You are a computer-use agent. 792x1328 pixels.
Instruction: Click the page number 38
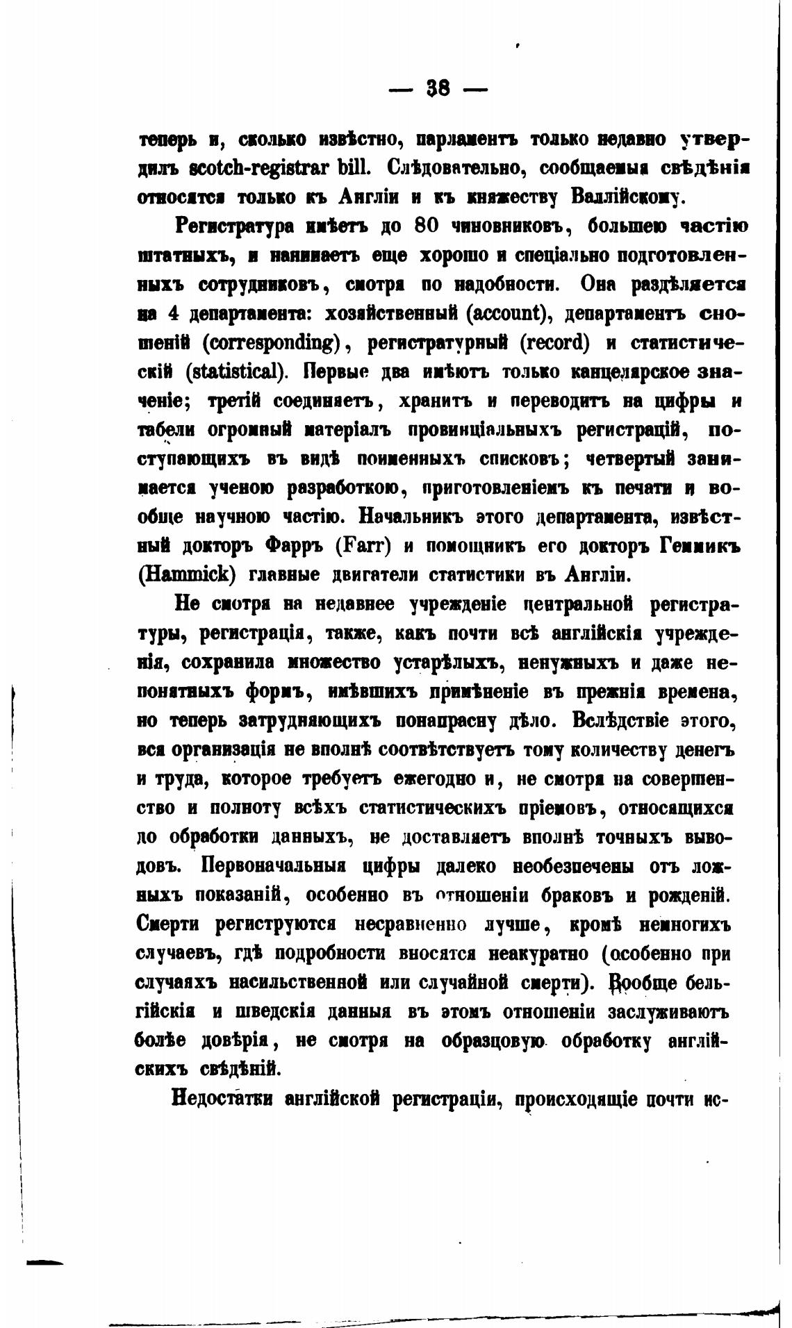[x=438, y=88]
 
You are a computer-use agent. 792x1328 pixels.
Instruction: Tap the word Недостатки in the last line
[x=224, y=1099]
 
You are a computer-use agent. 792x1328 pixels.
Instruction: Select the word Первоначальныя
[x=277, y=867]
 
